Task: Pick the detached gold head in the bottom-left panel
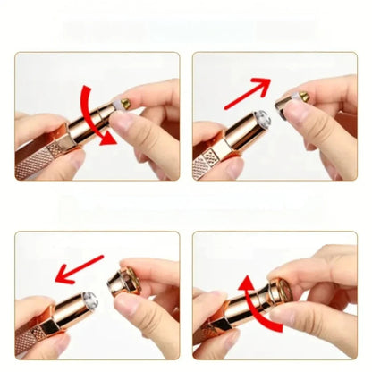[124, 284]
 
